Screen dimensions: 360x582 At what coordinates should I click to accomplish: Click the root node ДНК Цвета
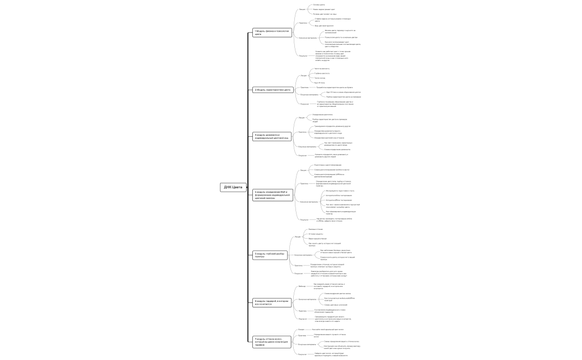point(233,187)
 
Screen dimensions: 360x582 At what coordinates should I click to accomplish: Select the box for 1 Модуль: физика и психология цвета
point(272,33)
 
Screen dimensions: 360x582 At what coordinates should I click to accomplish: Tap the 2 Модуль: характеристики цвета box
point(272,89)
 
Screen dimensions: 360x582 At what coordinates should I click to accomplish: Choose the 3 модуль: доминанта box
point(272,136)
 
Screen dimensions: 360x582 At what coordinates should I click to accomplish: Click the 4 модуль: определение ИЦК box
point(272,195)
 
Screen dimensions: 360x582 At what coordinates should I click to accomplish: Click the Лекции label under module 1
point(302,9)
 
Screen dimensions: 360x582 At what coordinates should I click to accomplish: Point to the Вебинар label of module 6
point(302,286)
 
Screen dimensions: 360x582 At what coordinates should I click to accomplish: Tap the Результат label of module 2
point(304,104)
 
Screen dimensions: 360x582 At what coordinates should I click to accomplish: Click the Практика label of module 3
point(302,132)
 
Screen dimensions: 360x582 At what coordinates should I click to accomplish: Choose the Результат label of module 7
point(302,354)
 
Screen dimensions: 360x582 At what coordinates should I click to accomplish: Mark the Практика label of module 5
point(298,265)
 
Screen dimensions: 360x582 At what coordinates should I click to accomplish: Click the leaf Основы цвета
point(319,4)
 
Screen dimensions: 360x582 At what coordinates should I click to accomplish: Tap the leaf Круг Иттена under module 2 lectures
point(319,83)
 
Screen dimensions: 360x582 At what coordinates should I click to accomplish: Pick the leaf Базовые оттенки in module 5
point(315,229)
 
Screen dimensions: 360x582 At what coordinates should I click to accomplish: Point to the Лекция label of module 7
point(301,329)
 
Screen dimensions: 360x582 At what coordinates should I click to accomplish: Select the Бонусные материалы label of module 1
point(308,38)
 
